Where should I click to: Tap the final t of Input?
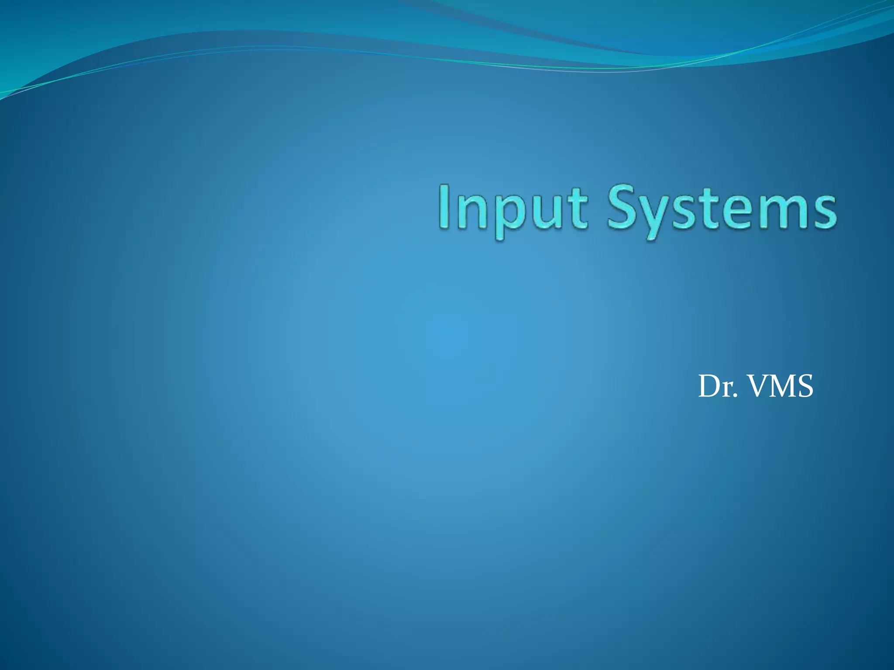[576, 209]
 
